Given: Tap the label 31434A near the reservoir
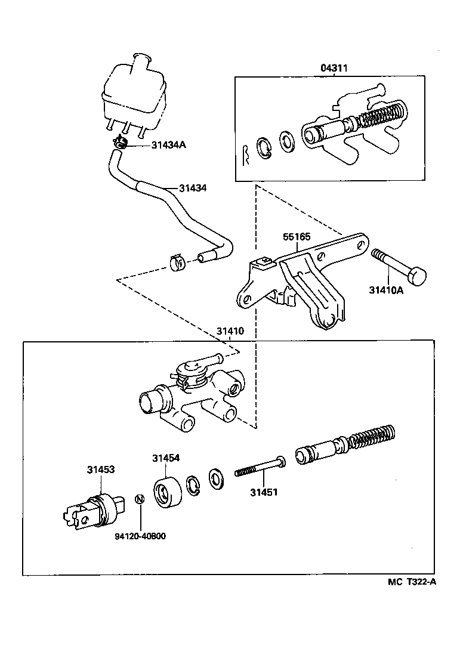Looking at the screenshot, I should [169, 144].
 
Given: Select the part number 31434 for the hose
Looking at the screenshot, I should [193, 188].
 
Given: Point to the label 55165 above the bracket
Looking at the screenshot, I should [297, 236].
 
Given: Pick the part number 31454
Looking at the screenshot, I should [166, 458].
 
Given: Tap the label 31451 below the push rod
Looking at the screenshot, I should [264, 492].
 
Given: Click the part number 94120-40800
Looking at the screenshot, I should [140, 536].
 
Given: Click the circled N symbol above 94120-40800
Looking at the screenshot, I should [139, 499].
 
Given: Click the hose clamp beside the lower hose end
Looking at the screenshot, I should [176, 261].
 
